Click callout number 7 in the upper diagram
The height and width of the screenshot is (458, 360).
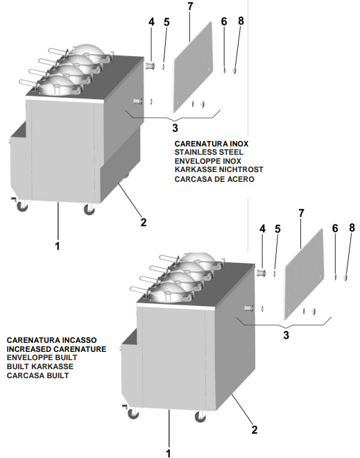(190, 7)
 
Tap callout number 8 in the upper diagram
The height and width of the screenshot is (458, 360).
(241, 21)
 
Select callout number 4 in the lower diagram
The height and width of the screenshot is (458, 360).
(262, 229)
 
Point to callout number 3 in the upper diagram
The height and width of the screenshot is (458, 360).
(175, 128)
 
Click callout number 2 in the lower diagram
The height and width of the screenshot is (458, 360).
(255, 430)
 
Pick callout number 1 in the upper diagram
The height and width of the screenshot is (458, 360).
(58, 246)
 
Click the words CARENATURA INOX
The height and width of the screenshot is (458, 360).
(212, 144)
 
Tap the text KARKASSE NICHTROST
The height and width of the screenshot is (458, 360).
(219, 169)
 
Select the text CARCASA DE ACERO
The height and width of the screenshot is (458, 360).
(214, 179)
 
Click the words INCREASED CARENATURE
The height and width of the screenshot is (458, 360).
(56, 349)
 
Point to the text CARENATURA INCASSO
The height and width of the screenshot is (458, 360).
(51, 340)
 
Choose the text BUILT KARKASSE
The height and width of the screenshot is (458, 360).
(40, 366)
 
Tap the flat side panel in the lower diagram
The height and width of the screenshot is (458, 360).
(304, 275)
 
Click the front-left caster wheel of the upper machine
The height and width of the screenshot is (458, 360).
(22, 206)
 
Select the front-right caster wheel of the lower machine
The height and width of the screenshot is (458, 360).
(200, 416)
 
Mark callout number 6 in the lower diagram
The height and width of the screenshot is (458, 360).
(335, 228)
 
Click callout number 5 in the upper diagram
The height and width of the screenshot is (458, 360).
(166, 22)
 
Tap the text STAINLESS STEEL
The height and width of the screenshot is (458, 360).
(209, 152)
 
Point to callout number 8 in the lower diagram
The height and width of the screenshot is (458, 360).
(352, 228)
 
